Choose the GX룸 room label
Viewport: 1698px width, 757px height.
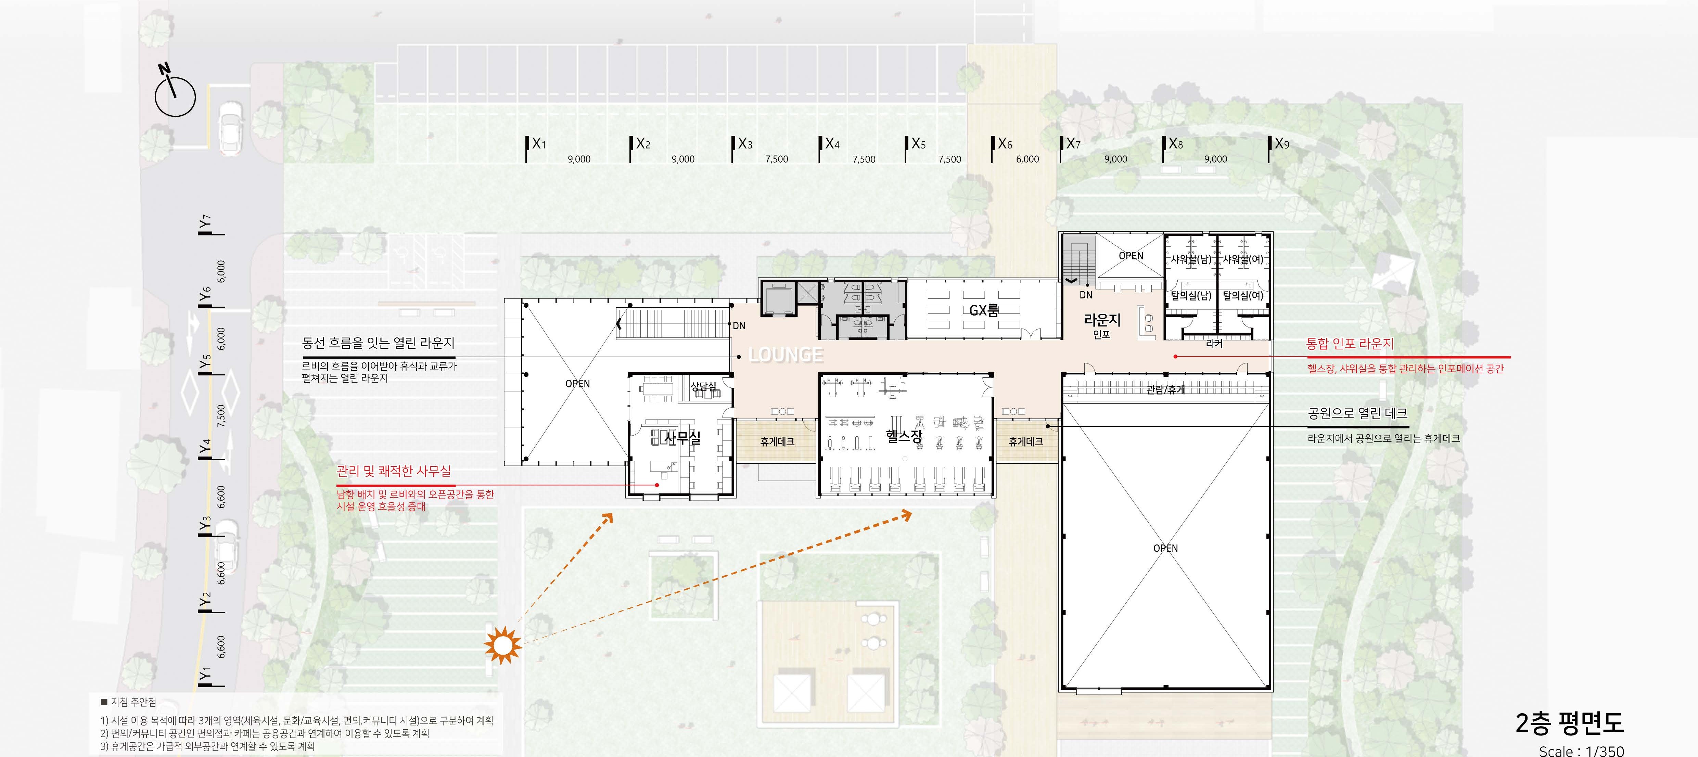coord(984,310)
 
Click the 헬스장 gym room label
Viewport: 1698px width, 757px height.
coord(904,436)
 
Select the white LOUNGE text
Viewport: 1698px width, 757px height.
coord(787,355)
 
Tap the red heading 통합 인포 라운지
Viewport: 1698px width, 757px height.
coord(1350,344)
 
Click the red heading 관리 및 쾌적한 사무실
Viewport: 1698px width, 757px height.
coord(394,471)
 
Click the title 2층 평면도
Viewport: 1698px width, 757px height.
coord(1569,723)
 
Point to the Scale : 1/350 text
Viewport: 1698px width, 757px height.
coord(1581,750)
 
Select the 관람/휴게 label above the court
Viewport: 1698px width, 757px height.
coord(1165,389)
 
